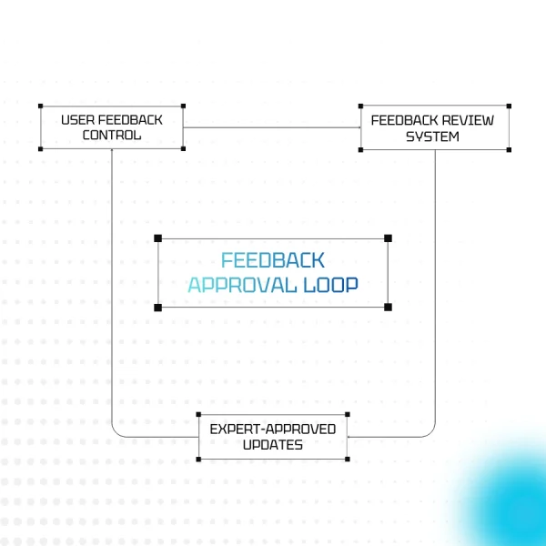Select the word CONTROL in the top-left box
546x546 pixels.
click(x=112, y=136)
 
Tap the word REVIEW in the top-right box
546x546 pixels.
click(x=469, y=120)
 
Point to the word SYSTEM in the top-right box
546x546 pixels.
click(x=433, y=136)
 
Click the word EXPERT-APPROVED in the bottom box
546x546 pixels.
click(x=273, y=429)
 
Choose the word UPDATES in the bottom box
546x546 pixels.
click(x=273, y=445)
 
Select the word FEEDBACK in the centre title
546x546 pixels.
click(x=273, y=260)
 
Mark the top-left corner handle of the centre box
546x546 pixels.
click(x=158, y=238)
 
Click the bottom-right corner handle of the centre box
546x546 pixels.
click(x=388, y=307)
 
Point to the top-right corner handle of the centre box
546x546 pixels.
click(x=388, y=238)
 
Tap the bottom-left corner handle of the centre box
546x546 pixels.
click(x=158, y=307)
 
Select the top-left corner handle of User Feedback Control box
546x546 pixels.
click(x=40, y=106)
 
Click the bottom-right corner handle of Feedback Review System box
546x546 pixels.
click(x=509, y=149)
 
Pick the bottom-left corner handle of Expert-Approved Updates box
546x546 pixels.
click(x=199, y=458)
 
